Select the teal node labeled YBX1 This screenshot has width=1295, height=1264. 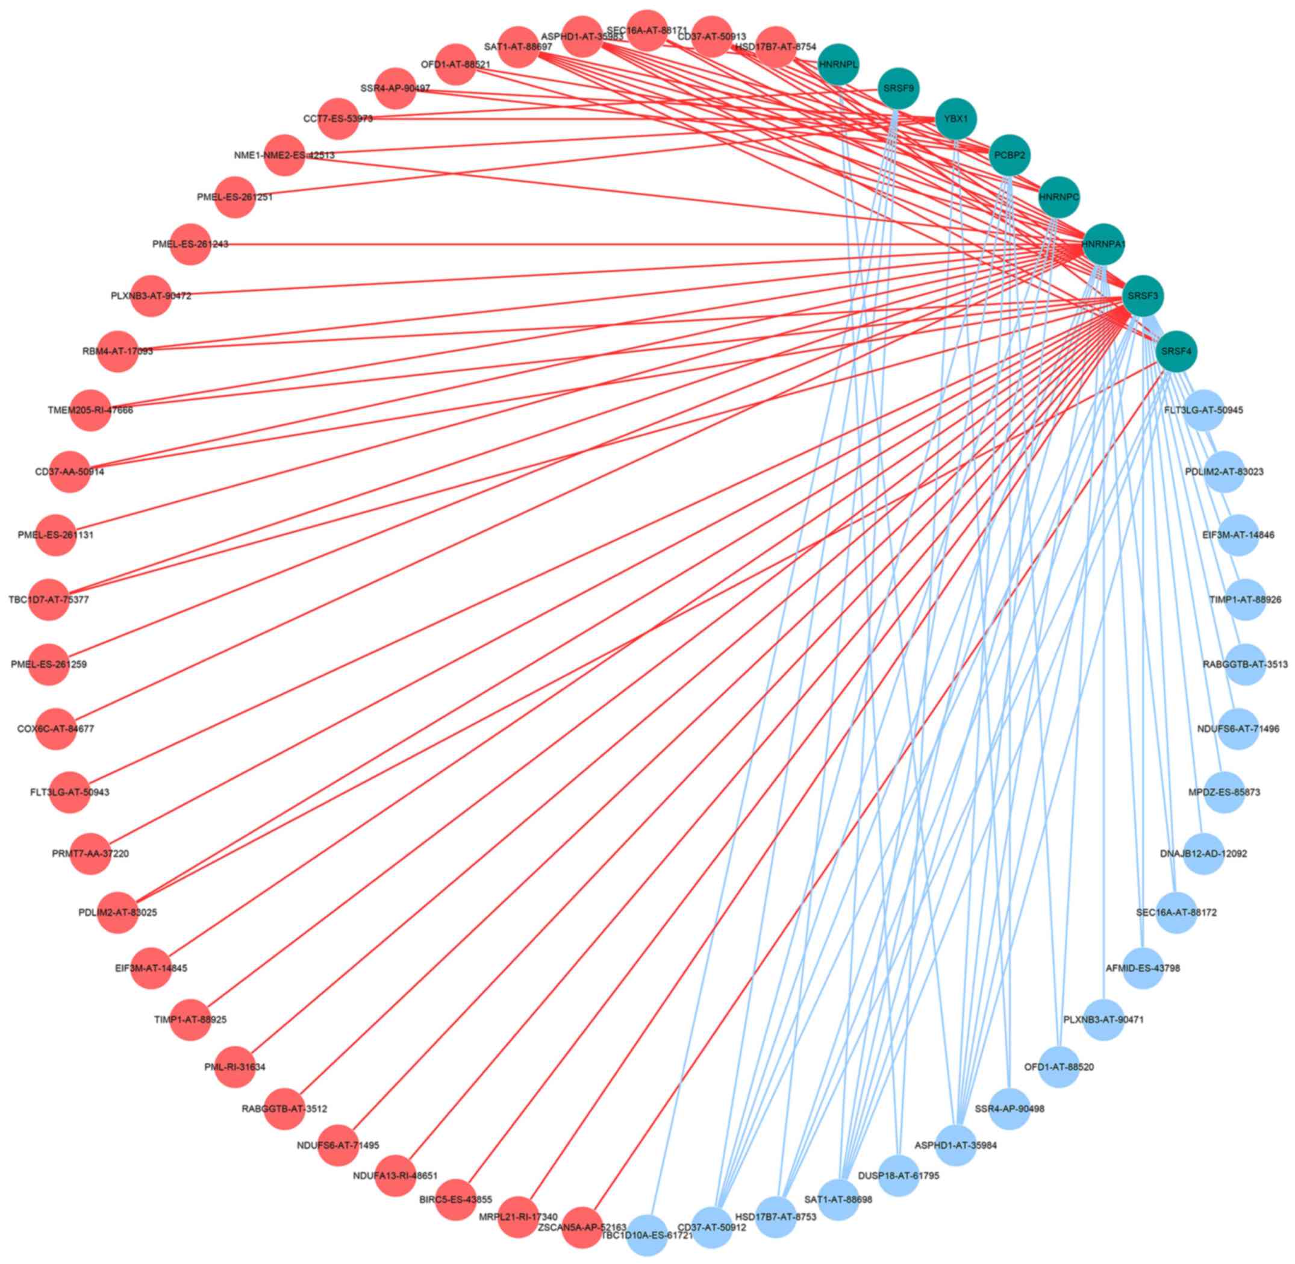coord(955,119)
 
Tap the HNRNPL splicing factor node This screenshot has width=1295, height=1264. coord(839,64)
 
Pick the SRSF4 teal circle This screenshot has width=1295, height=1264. coord(1176,351)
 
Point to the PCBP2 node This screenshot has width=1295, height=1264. coord(1009,155)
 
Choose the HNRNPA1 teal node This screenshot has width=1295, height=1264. coord(1102,244)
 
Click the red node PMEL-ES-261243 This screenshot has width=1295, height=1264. coord(191,244)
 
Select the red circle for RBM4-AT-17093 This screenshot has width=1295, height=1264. coord(117,351)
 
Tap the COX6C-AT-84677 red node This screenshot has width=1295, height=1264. coord(56,728)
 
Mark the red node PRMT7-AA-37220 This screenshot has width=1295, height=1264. coord(90,853)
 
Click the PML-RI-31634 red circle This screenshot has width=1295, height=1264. coord(235,1067)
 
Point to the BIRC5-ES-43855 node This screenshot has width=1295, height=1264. coord(456,1200)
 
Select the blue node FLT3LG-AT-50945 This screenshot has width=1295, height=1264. coord(1203,410)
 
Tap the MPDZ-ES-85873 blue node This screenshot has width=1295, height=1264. coord(1223,792)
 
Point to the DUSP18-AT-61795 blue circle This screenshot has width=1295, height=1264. coord(898,1175)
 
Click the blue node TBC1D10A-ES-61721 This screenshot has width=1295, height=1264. coord(647,1236)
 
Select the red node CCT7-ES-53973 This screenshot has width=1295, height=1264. coord(339,119)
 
